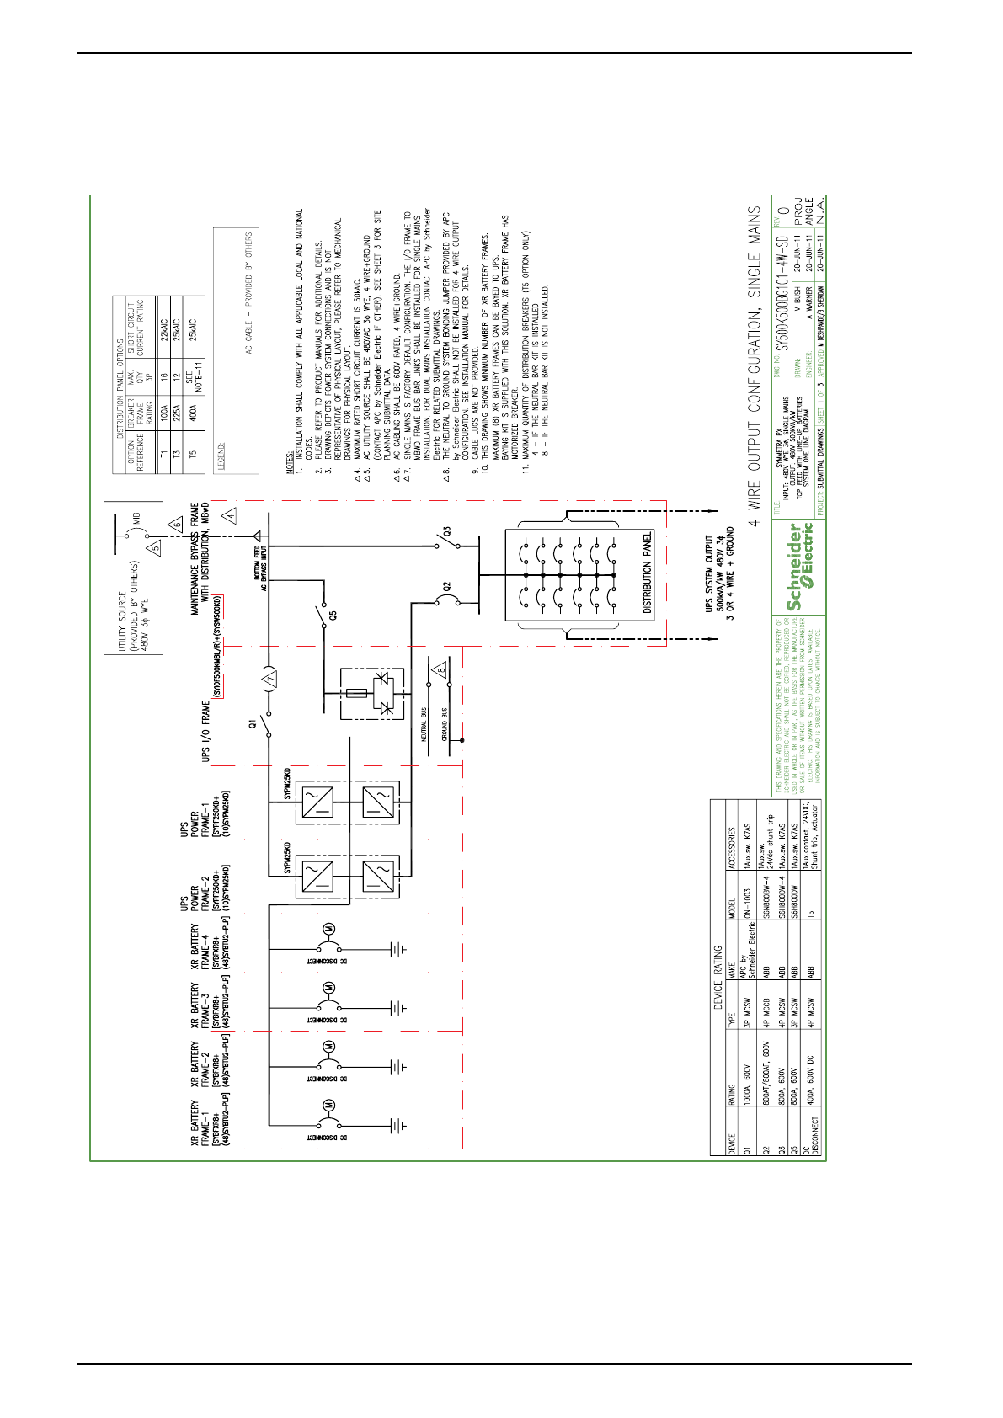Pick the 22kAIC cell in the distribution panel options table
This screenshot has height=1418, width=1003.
tap(163, 325)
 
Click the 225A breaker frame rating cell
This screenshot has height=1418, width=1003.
tap(178, 411)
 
